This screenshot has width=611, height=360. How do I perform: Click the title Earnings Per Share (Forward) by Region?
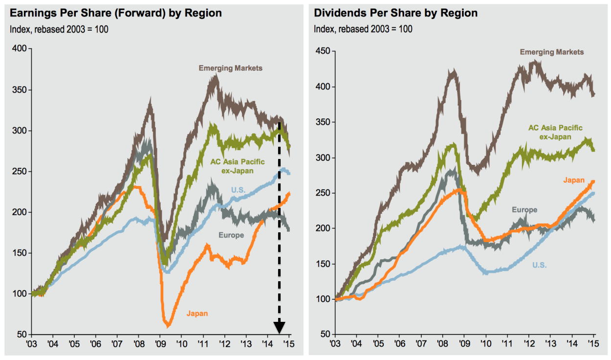[115, 13]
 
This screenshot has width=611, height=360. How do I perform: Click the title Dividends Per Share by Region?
[396, 13]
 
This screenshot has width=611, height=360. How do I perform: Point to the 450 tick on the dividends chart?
[323, 51]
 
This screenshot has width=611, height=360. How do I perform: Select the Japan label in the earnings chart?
[197, 313]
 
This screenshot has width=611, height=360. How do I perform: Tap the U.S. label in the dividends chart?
[539, 265]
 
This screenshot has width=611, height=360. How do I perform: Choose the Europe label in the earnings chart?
[231, 235]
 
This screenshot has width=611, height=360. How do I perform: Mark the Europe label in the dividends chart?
[524, 210]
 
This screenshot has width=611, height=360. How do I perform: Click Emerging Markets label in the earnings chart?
[230, 68]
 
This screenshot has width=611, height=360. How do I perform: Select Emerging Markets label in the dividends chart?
[551, 52]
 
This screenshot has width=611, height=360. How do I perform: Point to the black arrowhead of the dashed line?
[279, 327]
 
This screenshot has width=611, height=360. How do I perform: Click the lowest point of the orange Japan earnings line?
[168, 325]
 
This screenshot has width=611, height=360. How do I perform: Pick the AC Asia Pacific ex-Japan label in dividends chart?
[555, 132]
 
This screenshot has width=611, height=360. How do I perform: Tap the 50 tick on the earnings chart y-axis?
[22, 335]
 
